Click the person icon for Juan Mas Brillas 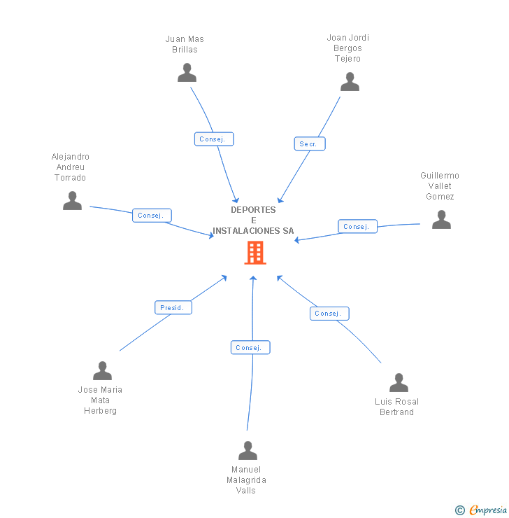click(187, 73)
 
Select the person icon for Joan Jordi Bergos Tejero click(350, 82)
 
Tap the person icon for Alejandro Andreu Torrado click(72, 201)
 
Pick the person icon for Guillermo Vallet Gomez click(441, 220)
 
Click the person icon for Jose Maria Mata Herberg click(102, 371)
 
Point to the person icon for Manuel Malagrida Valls click(248, 451)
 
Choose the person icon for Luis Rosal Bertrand click(399, 383)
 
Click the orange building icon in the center click(255, 253)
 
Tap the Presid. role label click(173, 307)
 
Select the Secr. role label click(309, 143)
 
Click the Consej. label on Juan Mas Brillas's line click(213, 139)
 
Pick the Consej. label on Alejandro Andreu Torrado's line click(152, 216)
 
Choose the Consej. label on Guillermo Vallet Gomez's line click(357, 227)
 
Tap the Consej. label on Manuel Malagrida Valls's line click(250, 347)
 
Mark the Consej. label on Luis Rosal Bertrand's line click(329, 314)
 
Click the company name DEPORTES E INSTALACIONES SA click(253, 220)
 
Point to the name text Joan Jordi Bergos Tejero click(347, 48)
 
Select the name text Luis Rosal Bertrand click(396, 407)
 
